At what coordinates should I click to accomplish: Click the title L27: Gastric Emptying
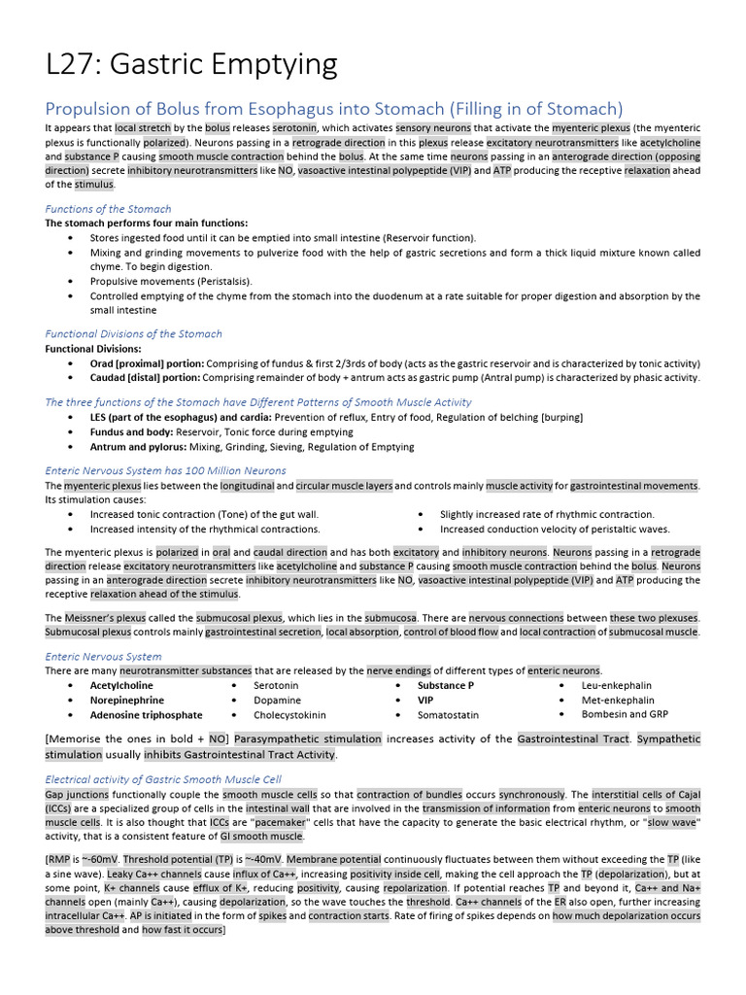(191, 65)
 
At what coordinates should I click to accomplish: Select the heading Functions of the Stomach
(108, 209)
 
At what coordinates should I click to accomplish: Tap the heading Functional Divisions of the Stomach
(133, 334)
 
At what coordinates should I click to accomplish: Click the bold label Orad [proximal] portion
(147, 363)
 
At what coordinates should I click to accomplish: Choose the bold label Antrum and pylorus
(132, 447)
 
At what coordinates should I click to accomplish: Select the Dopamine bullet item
(277, 700)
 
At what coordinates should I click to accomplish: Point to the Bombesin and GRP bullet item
(625, 714)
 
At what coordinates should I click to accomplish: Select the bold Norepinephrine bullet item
(127, 700)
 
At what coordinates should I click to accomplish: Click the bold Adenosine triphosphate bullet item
(147, 714)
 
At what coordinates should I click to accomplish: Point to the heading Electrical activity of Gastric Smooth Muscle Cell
(163, 779)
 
